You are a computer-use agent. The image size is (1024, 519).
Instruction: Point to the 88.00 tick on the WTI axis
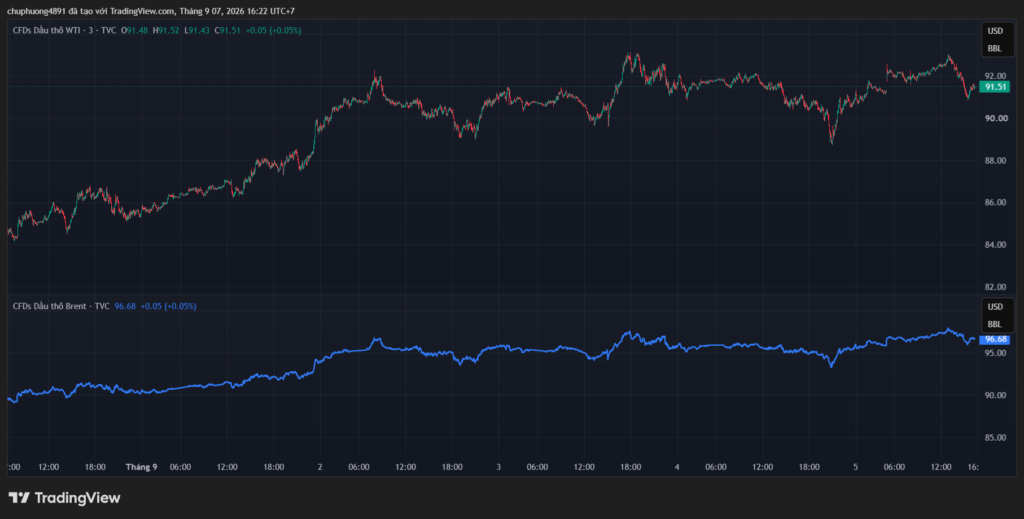point(996,161)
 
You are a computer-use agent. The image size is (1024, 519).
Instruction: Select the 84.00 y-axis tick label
point(996,245)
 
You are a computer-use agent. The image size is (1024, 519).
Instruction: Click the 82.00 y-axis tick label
point(996,287)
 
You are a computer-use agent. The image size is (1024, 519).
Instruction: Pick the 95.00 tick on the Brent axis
point(996,353)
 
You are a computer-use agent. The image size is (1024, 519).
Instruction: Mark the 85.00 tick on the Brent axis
point(996,437)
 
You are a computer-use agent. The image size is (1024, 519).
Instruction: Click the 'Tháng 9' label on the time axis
point(142,467)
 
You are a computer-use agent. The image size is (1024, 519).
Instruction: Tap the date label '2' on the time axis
point(320,467)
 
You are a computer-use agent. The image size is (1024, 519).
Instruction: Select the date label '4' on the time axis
point(677,467)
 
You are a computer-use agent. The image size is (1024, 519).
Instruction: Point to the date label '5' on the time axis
point(856,467)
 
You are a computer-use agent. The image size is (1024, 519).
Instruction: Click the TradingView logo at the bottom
point(65,497)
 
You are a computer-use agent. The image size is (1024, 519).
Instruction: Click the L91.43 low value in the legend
point(197,30)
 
